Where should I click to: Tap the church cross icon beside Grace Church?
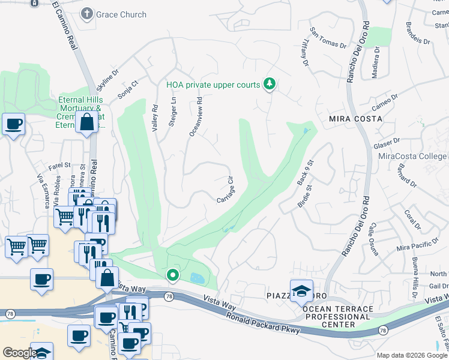click(88, 14)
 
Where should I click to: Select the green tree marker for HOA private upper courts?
click(270, 84)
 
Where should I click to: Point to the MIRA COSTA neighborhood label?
click(355, 119)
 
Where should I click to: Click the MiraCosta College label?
click(412, 157)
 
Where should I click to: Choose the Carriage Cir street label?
click(224, 189)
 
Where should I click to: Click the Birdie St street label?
click(306, 196)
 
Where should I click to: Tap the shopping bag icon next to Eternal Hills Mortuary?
click(87, 122)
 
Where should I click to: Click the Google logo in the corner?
click(19, 353)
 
